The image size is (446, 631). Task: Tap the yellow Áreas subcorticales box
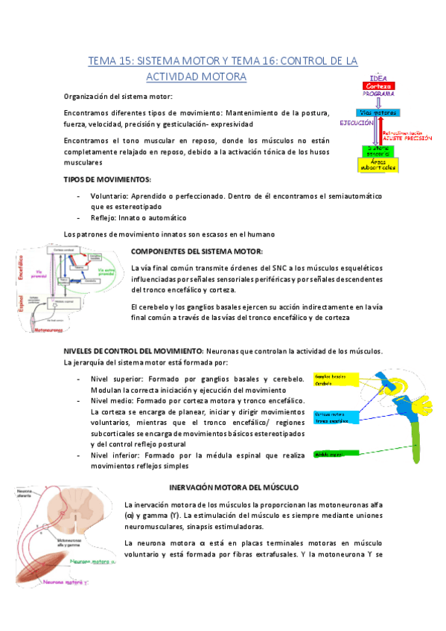click(x=378, y=167)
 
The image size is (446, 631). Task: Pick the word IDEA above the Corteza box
click(x=378, y=77)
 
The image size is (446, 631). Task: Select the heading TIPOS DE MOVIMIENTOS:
click(x=108, y=179)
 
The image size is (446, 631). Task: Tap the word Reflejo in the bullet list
click(x=106, y=218)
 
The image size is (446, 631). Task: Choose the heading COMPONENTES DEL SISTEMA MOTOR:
click(x=197, y=252)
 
